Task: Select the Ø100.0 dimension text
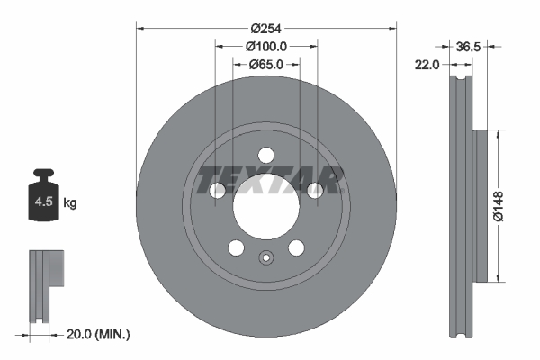[265, 45]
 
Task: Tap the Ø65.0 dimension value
[265, 65]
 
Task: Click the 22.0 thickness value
[427, 65]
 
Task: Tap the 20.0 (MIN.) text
[100, 335]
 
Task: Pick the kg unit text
[70, 203]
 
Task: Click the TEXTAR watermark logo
[271, 180]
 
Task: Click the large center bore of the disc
[265, 206]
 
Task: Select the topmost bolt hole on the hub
[265, 155]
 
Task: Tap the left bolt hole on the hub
[218, 190]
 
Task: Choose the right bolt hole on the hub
[314, 190]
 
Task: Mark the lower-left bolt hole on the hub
[236, 247]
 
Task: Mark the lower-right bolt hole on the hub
[296, 247]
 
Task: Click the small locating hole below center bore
[265, 258]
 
